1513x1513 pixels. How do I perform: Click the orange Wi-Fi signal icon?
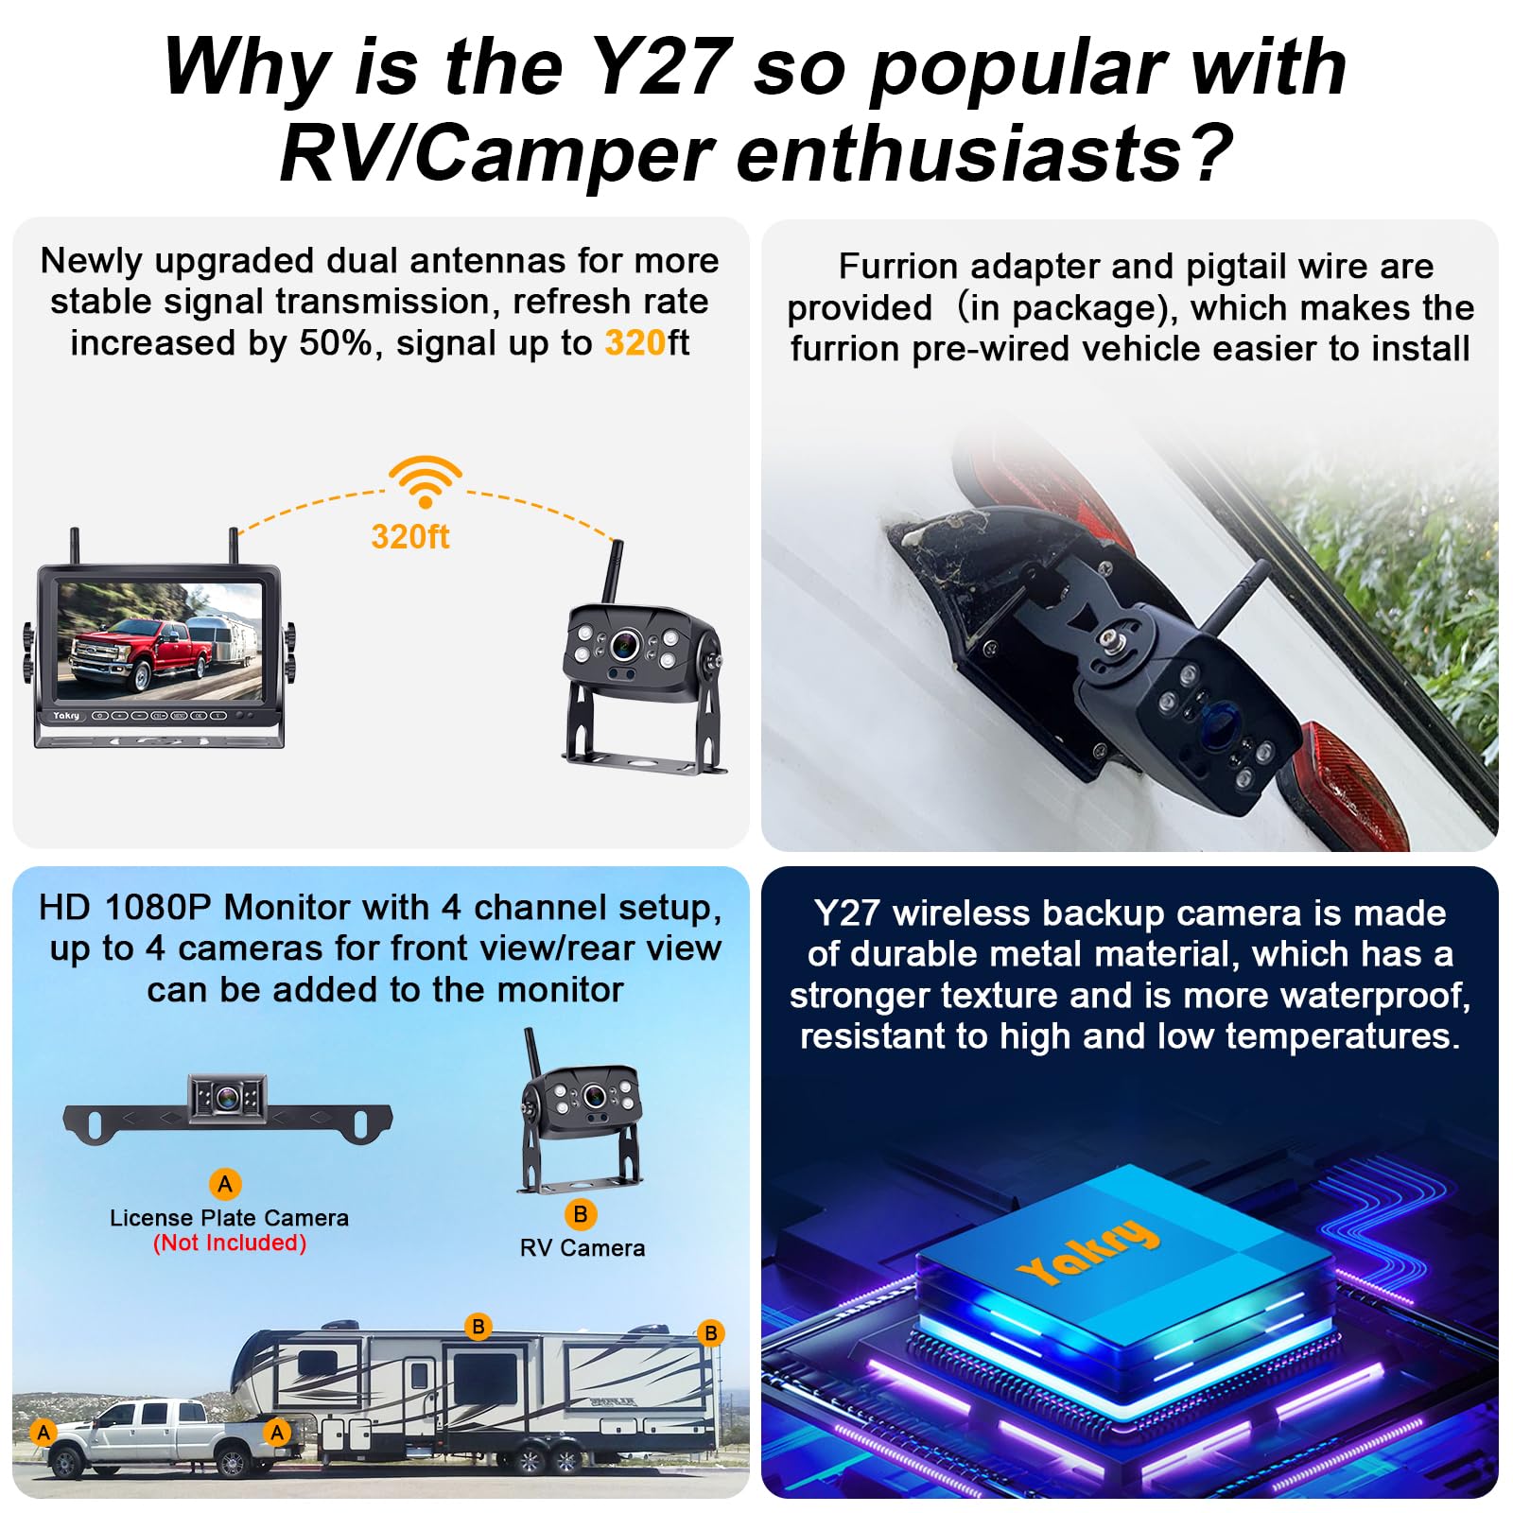point(426,481)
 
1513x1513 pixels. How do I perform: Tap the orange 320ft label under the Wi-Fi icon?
point(410,536)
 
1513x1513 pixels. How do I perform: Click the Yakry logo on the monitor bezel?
point(66,716)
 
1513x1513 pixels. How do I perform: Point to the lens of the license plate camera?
point(227,1098)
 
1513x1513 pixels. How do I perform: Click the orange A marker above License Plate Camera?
point(225,1183)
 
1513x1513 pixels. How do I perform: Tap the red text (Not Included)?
point(230,1243)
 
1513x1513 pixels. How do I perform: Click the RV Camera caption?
point(583,1248)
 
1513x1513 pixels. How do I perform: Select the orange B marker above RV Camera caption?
point(581,1214)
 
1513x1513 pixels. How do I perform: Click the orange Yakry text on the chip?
point(1088,1252)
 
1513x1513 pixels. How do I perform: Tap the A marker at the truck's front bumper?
point(43,1432)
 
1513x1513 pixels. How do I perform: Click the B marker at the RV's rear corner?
point(710,1333)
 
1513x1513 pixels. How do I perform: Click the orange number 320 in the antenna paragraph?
point(635,342)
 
